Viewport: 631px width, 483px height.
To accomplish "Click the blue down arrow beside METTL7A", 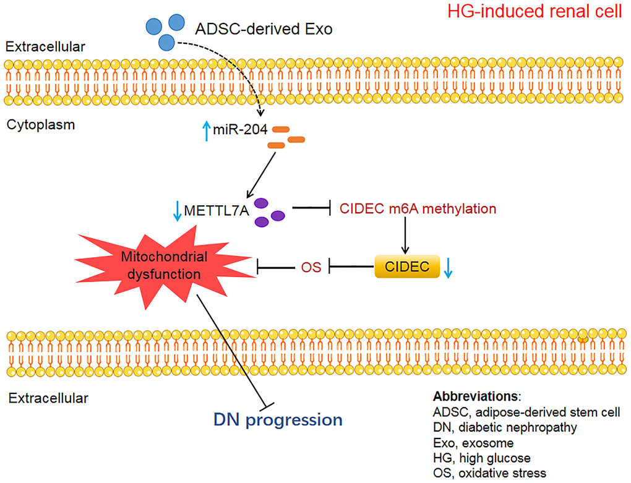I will (178, 210).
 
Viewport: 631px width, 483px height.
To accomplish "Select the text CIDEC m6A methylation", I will (418, 209).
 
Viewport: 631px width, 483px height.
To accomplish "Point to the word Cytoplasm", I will (40, 125).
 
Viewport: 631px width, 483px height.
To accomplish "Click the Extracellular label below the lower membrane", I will (48, 398).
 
